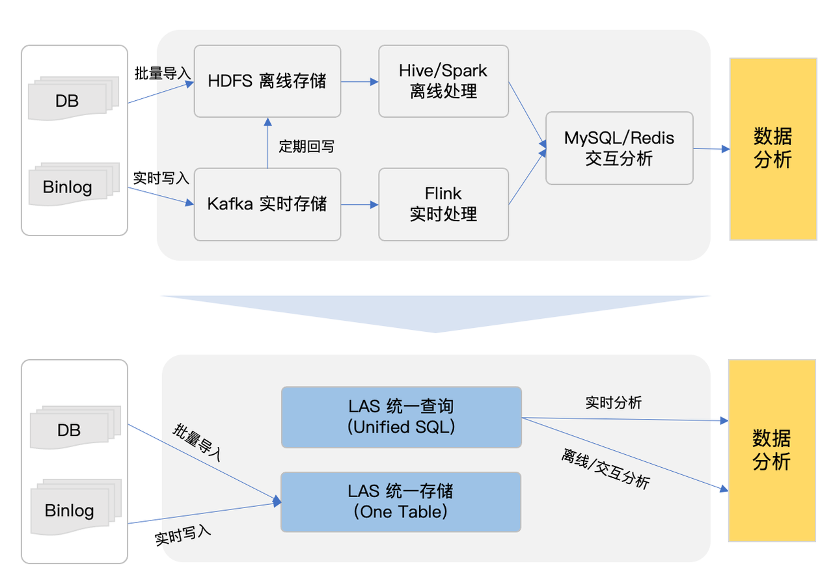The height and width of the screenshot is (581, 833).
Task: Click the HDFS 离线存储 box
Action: [267, 81]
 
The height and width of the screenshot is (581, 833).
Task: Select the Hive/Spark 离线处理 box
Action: [443, 81]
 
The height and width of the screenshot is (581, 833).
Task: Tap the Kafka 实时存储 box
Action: [267, 204]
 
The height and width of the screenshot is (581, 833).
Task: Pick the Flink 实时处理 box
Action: [443, 204]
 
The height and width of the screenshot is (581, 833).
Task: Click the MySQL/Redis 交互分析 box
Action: [619, 148]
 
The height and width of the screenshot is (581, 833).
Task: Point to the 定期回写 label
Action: [307, 146]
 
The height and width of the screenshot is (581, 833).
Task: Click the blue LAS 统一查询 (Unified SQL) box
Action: [401, 417]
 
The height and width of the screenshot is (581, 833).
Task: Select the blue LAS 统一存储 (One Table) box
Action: [401, 502]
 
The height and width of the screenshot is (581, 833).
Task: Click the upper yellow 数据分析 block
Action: [773, 148]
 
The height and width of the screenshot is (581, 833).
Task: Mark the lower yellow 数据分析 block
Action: [772, 450]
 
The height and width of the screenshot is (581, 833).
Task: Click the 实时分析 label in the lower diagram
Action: [614, 403]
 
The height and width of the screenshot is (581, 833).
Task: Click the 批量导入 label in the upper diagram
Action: [162, 73]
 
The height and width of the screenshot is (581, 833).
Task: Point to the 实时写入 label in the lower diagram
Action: [183, 535]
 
